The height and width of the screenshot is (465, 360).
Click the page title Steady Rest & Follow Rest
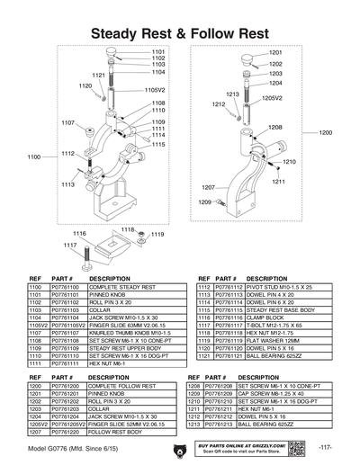pyautogui.click(x=179, y=32)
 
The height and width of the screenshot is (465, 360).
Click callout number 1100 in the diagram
pyautogui.click(x=34, y=156)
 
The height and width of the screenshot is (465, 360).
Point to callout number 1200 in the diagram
pyautogui.click(x=325, y=132)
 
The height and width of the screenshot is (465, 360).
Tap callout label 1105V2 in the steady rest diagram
pyautogui.click(x=155, y=90)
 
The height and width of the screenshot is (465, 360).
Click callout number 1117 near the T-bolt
pyautogui.click(x=69, y=244)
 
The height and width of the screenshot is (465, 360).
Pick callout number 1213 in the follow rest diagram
pyautogui.click(x=231, y=94)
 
